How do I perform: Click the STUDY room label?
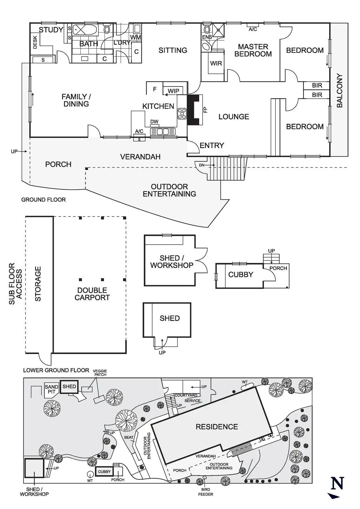(51, 30)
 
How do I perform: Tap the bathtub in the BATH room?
(85, 30)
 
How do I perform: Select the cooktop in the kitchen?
(182, 113)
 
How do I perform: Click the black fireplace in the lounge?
(193, 110)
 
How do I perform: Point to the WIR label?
(216, 64)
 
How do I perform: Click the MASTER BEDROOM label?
(253, 50)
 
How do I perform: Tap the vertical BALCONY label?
(339, 91)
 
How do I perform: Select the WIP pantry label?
(173, 91)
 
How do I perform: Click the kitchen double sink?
(163, 132)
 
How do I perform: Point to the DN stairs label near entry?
(201, 165)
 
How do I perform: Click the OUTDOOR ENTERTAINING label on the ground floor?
(169, 190)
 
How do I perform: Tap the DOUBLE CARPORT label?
(92, 294)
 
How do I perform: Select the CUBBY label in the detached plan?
(241, 275)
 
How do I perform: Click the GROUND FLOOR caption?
(44, 200)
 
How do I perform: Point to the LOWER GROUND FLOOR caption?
(56, 370)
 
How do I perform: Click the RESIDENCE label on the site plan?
(217, 427)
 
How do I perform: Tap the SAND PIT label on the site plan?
(51, 389)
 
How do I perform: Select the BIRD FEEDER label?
(206, 492)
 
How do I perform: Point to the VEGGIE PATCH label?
(100, 373)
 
